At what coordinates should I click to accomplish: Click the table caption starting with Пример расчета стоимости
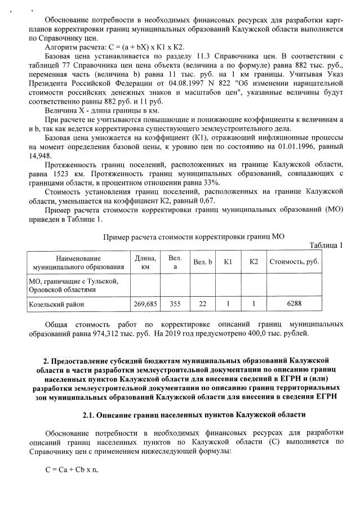[x=194, y=237]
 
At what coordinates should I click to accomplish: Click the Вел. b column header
[x=203, y=262]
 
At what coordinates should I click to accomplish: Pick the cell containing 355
[x=175, y=303]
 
